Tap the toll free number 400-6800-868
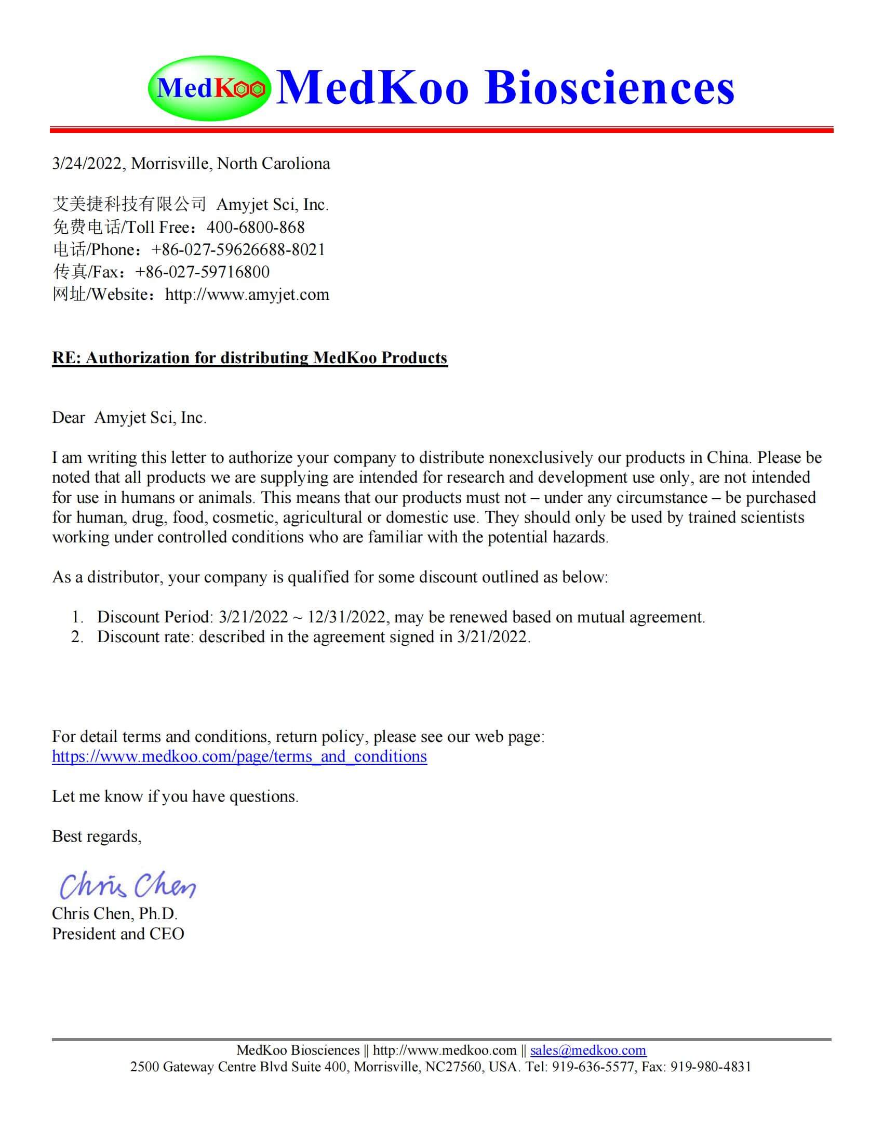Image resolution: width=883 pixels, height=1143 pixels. pos(255,227)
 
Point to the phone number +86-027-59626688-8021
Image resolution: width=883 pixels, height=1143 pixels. pos(238,249)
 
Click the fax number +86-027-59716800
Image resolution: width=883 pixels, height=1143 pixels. pos(203,272)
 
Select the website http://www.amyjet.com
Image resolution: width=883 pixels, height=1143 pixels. pos(247,295)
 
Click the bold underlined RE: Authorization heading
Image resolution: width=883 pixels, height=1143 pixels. pos(249,358)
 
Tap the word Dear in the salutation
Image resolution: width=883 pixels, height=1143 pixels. pos(68,418)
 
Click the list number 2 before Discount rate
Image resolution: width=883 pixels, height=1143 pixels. pos(77,637)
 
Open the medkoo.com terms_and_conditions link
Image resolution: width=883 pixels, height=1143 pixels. pos(239,757)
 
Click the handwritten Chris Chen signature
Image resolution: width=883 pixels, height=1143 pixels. pos(127,885)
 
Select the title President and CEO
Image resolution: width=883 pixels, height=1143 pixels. pos(118,934)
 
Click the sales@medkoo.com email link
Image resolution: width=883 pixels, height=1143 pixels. pos(588,1051)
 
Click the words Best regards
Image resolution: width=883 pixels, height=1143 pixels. pos(96,836)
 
